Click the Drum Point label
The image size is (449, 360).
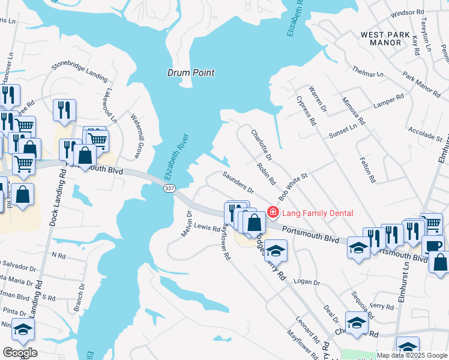coord(190,73)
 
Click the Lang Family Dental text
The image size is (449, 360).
coord(318,213)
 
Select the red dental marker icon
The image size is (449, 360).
coord(273,212)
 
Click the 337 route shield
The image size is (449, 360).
coord(169,188)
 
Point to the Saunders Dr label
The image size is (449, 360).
coord(238,182)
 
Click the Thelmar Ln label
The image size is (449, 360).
coord(367,71)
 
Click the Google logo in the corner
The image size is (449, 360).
coord(20,353)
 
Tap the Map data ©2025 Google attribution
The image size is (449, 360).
coord(412,355)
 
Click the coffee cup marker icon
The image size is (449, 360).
coord(433,246)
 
